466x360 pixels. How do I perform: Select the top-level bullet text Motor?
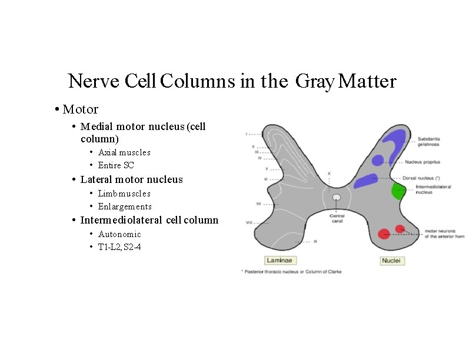[x=80, y=109]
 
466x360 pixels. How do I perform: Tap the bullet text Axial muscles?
[x=124, y=152]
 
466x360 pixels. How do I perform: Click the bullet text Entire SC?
[x=116, y=165]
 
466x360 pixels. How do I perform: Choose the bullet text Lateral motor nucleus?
[x=131, y=179]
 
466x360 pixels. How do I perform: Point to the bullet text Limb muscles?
[x=124, y=194]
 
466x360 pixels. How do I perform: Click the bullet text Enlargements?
[x=125, y=206]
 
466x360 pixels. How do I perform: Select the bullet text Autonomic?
[x=119, y=234]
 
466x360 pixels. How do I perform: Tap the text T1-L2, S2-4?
[x=119, y=247]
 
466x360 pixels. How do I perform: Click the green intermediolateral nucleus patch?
[x=399, y=191]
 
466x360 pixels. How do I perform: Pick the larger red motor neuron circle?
[x=384, y=234]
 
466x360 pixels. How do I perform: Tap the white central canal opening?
[x=337, y=198]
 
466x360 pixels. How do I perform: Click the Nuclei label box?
[x=392, y=260]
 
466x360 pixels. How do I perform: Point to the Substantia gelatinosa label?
[x=432, y=142]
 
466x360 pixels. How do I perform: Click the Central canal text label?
[x=337, y=218]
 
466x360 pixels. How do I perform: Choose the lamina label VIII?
[x=249, y=222]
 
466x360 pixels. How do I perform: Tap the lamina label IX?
[x=315, y=241]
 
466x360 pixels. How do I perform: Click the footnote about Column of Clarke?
[x=291, y=272]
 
